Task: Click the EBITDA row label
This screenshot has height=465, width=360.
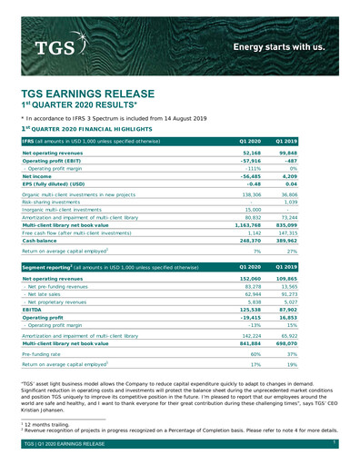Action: [x=34, y=310]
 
